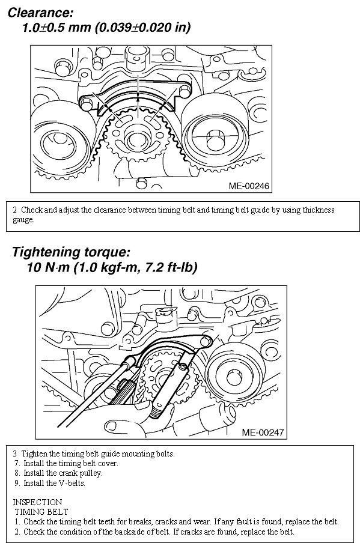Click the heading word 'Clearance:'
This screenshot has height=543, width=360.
[x=40, y=13]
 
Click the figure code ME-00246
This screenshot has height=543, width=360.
[x=249, y=186]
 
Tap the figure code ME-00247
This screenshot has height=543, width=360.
[x=263, y=432]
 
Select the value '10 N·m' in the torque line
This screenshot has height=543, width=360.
[x=48, y=267]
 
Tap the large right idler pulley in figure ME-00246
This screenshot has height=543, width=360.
[x=215, y=131]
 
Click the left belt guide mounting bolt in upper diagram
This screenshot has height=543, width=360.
[x=87, y=103]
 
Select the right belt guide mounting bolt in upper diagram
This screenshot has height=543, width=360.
[x=185, y=91]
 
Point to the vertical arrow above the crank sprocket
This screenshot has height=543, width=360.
[x=138, y=86]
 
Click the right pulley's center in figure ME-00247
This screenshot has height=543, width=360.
[x=234, y=377]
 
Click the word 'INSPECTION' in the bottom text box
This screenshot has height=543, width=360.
[x=37, y=502]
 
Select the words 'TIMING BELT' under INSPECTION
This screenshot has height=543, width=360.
[x=41, y=512]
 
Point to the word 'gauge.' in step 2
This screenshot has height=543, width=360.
[x=23, y=220]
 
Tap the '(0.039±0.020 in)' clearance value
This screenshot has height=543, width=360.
[x=142, y=28]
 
